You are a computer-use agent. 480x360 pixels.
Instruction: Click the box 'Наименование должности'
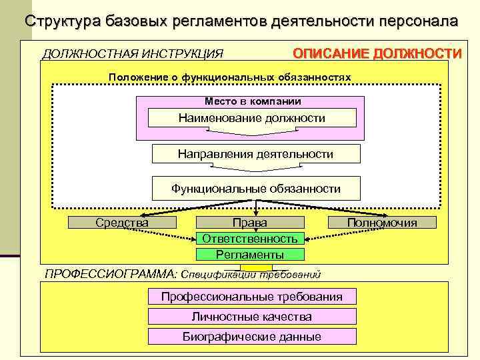pyautogui.click(x=251, y=119)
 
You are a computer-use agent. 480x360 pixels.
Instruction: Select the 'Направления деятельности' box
pyautogui.click(x=255, y=154)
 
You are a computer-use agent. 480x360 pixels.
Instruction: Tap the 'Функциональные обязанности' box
pyautogui.click(x=255, y=189)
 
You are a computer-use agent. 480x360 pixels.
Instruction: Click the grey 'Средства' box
pyautogui.click(x=122, y=223)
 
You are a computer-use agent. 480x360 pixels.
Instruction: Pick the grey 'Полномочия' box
pyautogui.click(x=382, y=223)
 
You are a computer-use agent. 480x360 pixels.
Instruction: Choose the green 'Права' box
pyautogui.click(x=250, y=223)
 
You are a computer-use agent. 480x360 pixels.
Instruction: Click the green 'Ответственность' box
pyautogui.click(x=250, y=238)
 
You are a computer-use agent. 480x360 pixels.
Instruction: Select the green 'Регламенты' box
pyautogui.click(x=250, y=254)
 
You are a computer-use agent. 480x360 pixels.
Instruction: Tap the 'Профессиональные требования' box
pyautogui.click(x=251, y=297)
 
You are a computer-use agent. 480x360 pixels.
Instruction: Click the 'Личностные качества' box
pyautogui.click(x=251, y=317)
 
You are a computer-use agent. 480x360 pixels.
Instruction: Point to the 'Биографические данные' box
pyautogui.click(x=251, y=337)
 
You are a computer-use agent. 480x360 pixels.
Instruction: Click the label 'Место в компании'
pyautogui.click(x=252, y=101)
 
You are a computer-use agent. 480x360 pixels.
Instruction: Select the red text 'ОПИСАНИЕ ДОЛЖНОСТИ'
pyautogui.click(x=377, y=53)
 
